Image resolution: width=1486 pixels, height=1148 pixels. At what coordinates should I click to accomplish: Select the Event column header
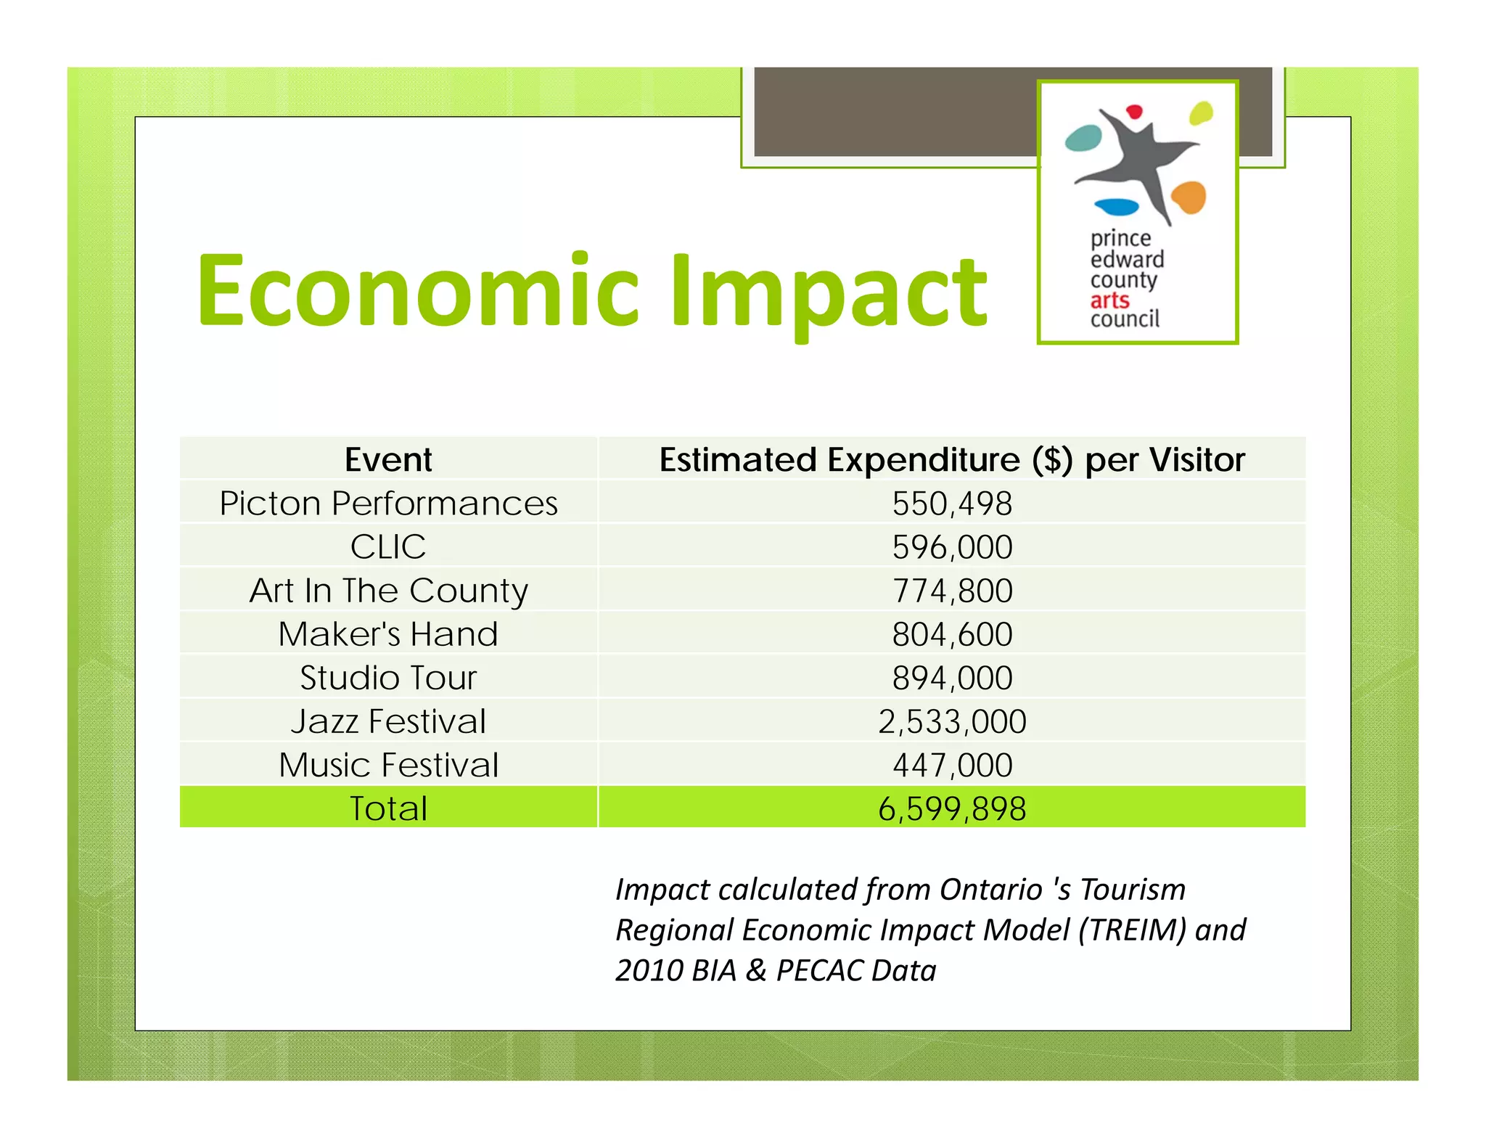388,459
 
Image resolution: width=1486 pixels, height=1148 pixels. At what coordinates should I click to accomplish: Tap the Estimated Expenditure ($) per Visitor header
952,459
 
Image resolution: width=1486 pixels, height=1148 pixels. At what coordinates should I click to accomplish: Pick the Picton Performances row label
388,503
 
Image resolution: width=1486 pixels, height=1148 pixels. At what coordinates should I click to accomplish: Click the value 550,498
952,504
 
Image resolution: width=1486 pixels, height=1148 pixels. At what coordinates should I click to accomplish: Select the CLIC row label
388,546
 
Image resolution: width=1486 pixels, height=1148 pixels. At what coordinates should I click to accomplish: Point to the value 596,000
952,547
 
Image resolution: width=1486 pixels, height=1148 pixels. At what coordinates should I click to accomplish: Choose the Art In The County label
388,591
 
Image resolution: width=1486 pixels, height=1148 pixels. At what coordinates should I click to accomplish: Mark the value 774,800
952,591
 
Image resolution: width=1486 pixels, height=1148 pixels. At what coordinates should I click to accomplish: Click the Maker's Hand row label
388,634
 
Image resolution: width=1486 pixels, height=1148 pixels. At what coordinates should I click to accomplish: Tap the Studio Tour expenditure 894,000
952,678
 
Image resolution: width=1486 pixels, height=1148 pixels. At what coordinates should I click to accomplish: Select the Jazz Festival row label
388,721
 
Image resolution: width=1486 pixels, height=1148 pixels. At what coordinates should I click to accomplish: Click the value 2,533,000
952,721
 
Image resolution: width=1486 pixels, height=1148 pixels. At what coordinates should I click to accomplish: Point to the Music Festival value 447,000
952,765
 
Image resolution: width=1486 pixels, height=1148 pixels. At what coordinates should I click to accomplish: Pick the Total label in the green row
388,808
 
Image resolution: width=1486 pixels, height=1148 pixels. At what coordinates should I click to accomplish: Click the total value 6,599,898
952,808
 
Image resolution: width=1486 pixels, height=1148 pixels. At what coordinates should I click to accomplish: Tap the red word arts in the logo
1109,300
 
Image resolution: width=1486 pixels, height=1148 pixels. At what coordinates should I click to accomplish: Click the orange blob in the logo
1188,197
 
